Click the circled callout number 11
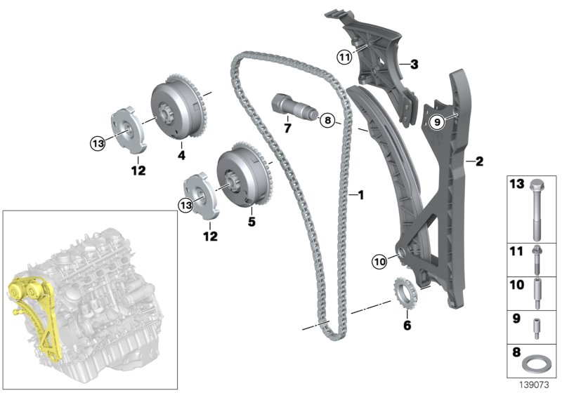(344, 58)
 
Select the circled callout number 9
(436, 122)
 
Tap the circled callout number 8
(327, 121)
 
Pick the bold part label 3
(414, 65)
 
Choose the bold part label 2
(480, 162)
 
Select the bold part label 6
(406, 325)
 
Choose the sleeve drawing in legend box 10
(537, 293)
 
